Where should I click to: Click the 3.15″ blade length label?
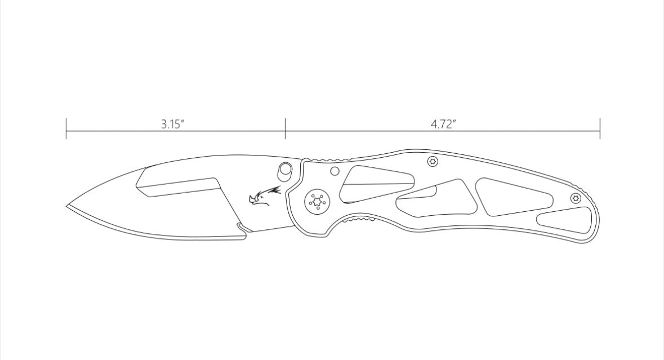(173, 124)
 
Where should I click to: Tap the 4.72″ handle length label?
(443, 124)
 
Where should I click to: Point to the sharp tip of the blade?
(66, 206)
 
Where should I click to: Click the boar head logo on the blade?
(265, 197)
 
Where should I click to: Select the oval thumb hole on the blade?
(285, 170)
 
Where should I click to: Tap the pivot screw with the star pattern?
(318, 202)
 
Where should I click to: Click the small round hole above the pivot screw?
(335, 171)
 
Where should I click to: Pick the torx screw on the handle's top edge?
(433, 161)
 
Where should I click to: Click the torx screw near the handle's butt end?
(576, 198)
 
